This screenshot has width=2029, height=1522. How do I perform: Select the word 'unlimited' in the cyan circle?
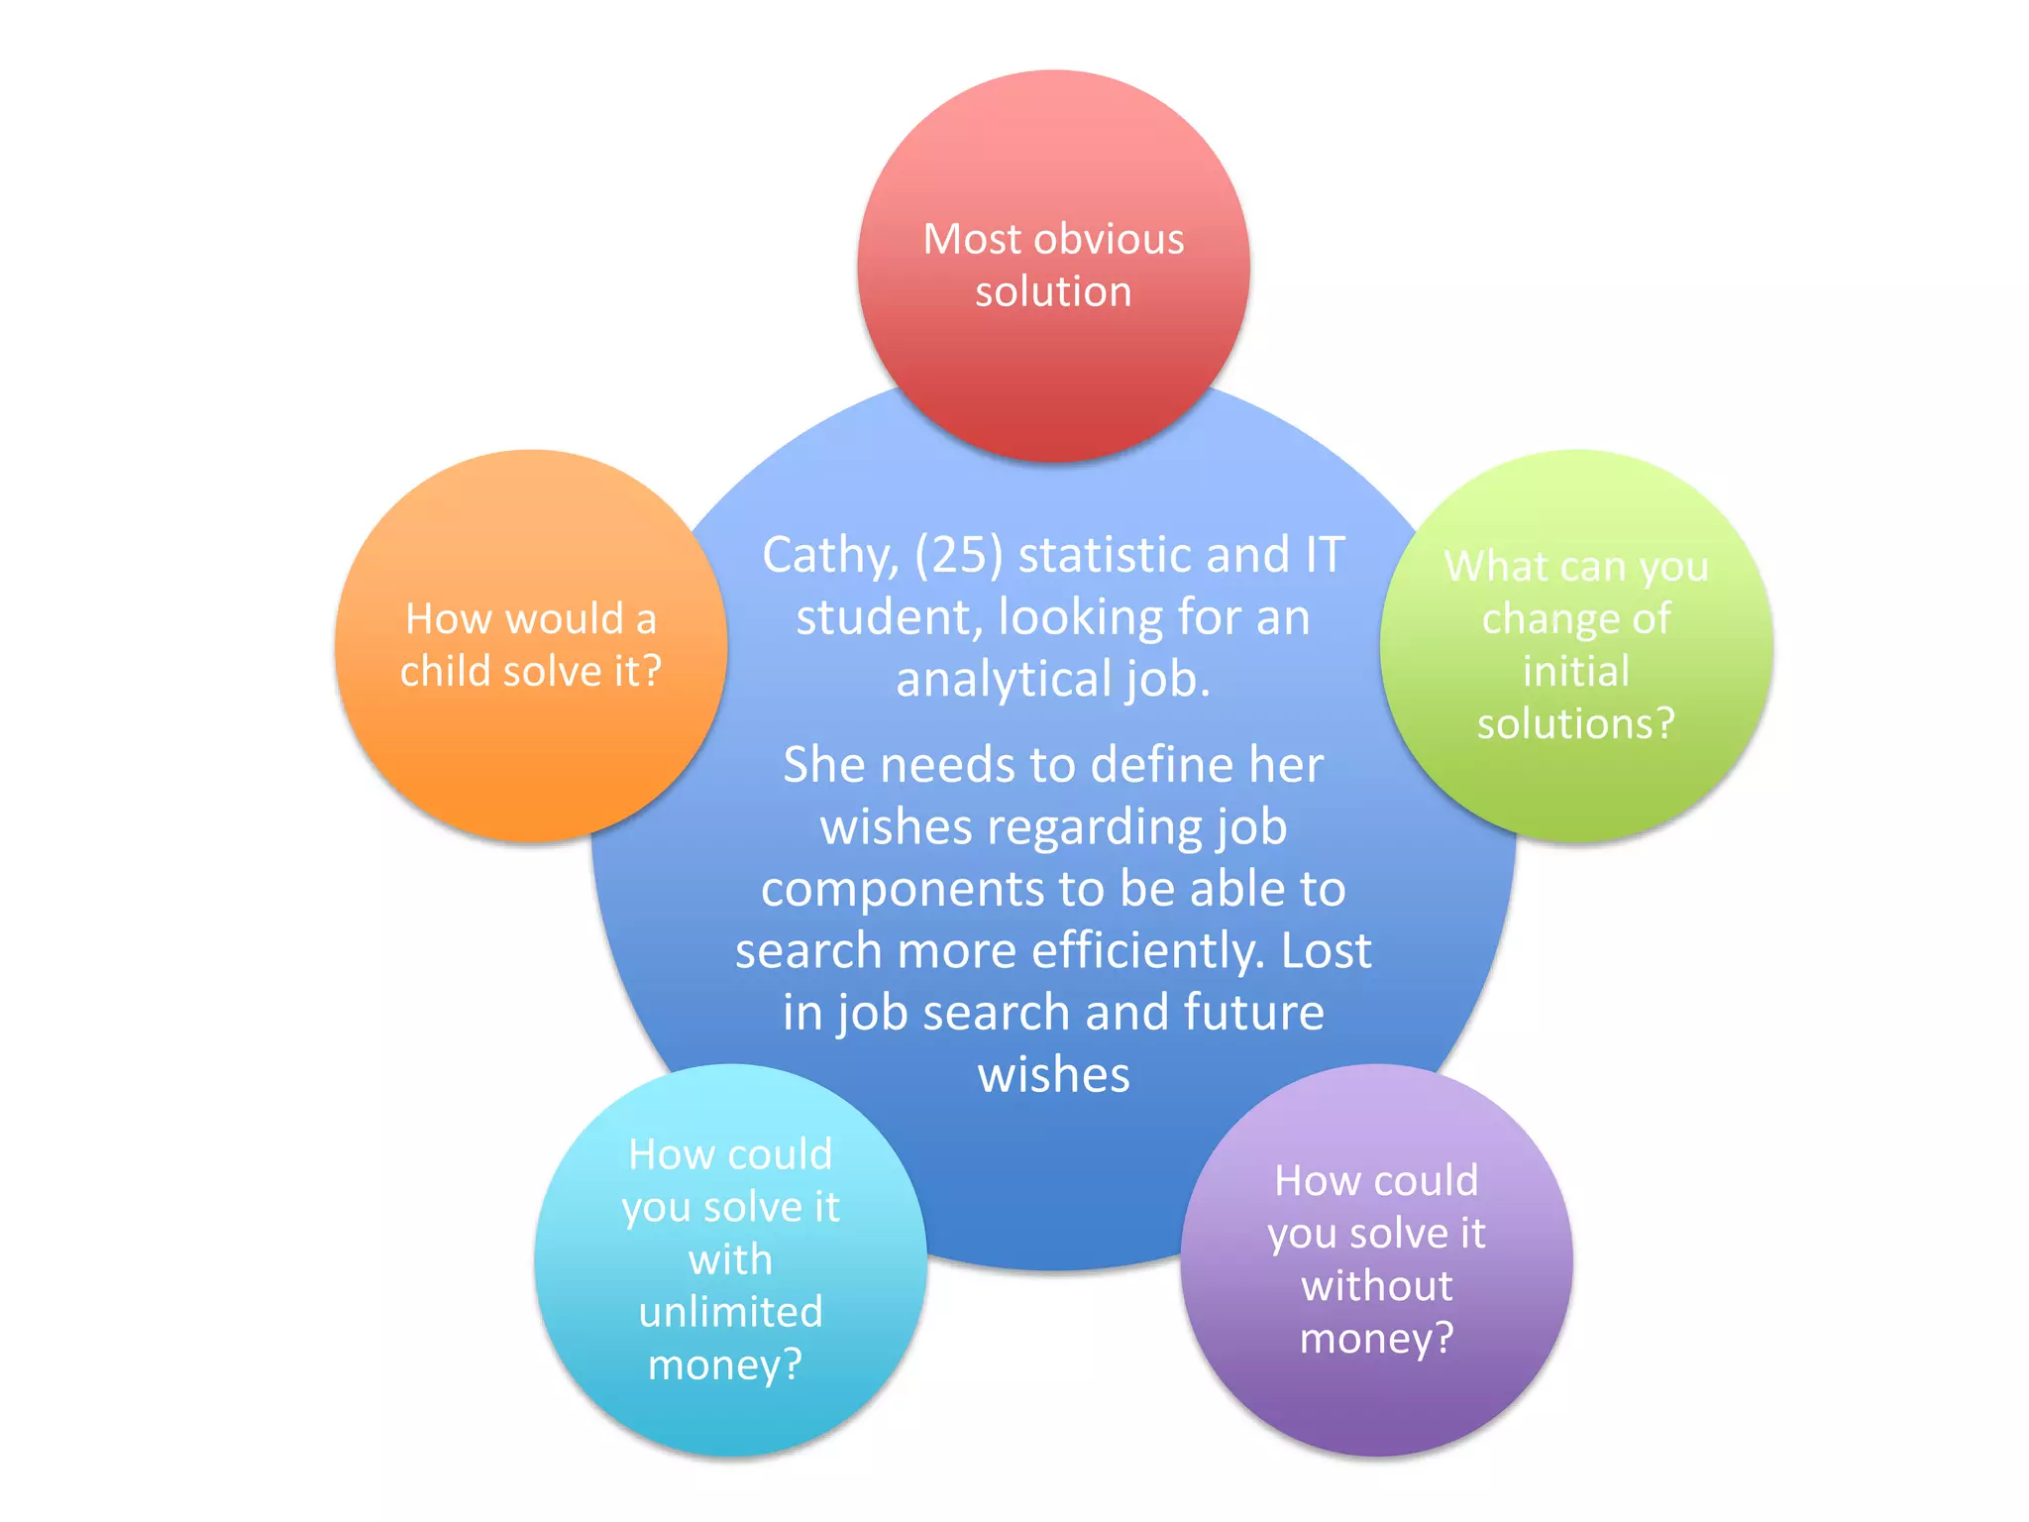pos(730,1312)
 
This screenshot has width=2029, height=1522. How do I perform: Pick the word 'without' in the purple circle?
pos(1376,1286)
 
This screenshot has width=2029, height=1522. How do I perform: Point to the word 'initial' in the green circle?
pos(1575,672)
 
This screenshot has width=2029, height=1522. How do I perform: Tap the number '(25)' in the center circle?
pos(959,556)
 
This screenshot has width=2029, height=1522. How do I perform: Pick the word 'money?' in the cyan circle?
pos(724,1365)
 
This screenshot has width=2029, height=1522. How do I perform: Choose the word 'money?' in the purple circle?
pos(1376,1339)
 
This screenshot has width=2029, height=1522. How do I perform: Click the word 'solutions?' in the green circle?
pos(1575,724)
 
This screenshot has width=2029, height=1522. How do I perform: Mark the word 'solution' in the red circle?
pos(1053,292)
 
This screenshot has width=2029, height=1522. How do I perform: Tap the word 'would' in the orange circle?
pos(565,619)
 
